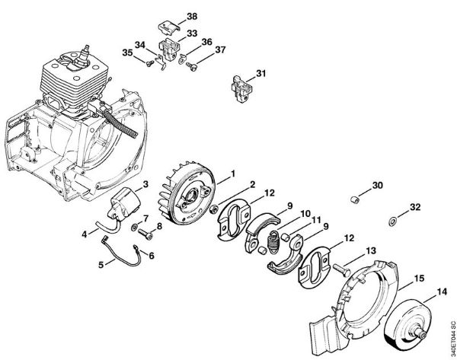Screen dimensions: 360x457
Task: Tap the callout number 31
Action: pyautogui.click(x=260, y=73)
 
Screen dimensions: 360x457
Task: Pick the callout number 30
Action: pyautogui.click(x=378, y=185)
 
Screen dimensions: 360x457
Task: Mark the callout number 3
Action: pyautogui.click(x=145, y=184)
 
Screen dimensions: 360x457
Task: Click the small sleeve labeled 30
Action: pyautogui.click(x=353, y=199)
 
